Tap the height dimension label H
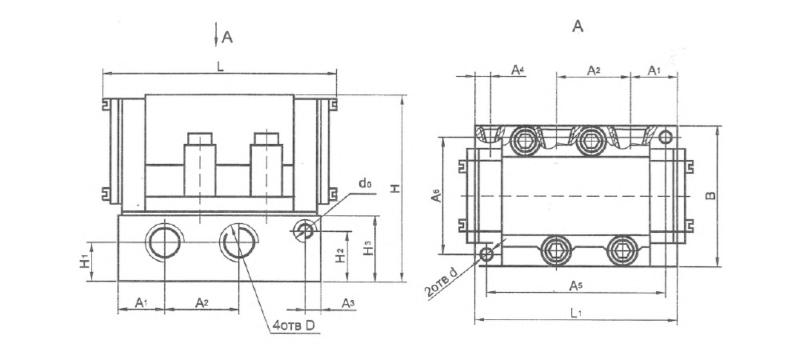(x=395, y=188)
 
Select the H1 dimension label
(x=85, y=262)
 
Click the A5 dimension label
(x=576, y=286)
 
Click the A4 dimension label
(x=518, y=70)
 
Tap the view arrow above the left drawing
(x=216, y=34)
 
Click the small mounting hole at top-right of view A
(x=666, y=137)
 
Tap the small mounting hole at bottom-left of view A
(x=486, y=254)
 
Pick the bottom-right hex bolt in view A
(x=622, y=250)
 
